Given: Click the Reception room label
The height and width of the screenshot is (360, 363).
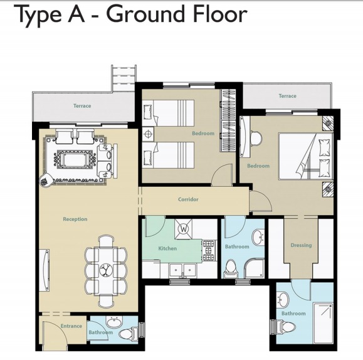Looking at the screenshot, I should (75, 219).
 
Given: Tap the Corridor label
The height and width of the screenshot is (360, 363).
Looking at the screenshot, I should (188, 199).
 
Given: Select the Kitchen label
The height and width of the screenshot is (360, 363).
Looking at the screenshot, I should (167, 248).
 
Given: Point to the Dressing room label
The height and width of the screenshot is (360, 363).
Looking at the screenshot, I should (301, 245).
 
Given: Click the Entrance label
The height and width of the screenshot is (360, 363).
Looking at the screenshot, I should (71, 326).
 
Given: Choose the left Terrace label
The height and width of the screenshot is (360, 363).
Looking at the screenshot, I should (82, 106).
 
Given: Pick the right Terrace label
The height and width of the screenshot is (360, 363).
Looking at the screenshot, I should (287, 96).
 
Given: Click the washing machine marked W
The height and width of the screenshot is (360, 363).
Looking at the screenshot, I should (184, 229).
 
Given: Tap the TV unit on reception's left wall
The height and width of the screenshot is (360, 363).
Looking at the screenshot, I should (44, 270).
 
